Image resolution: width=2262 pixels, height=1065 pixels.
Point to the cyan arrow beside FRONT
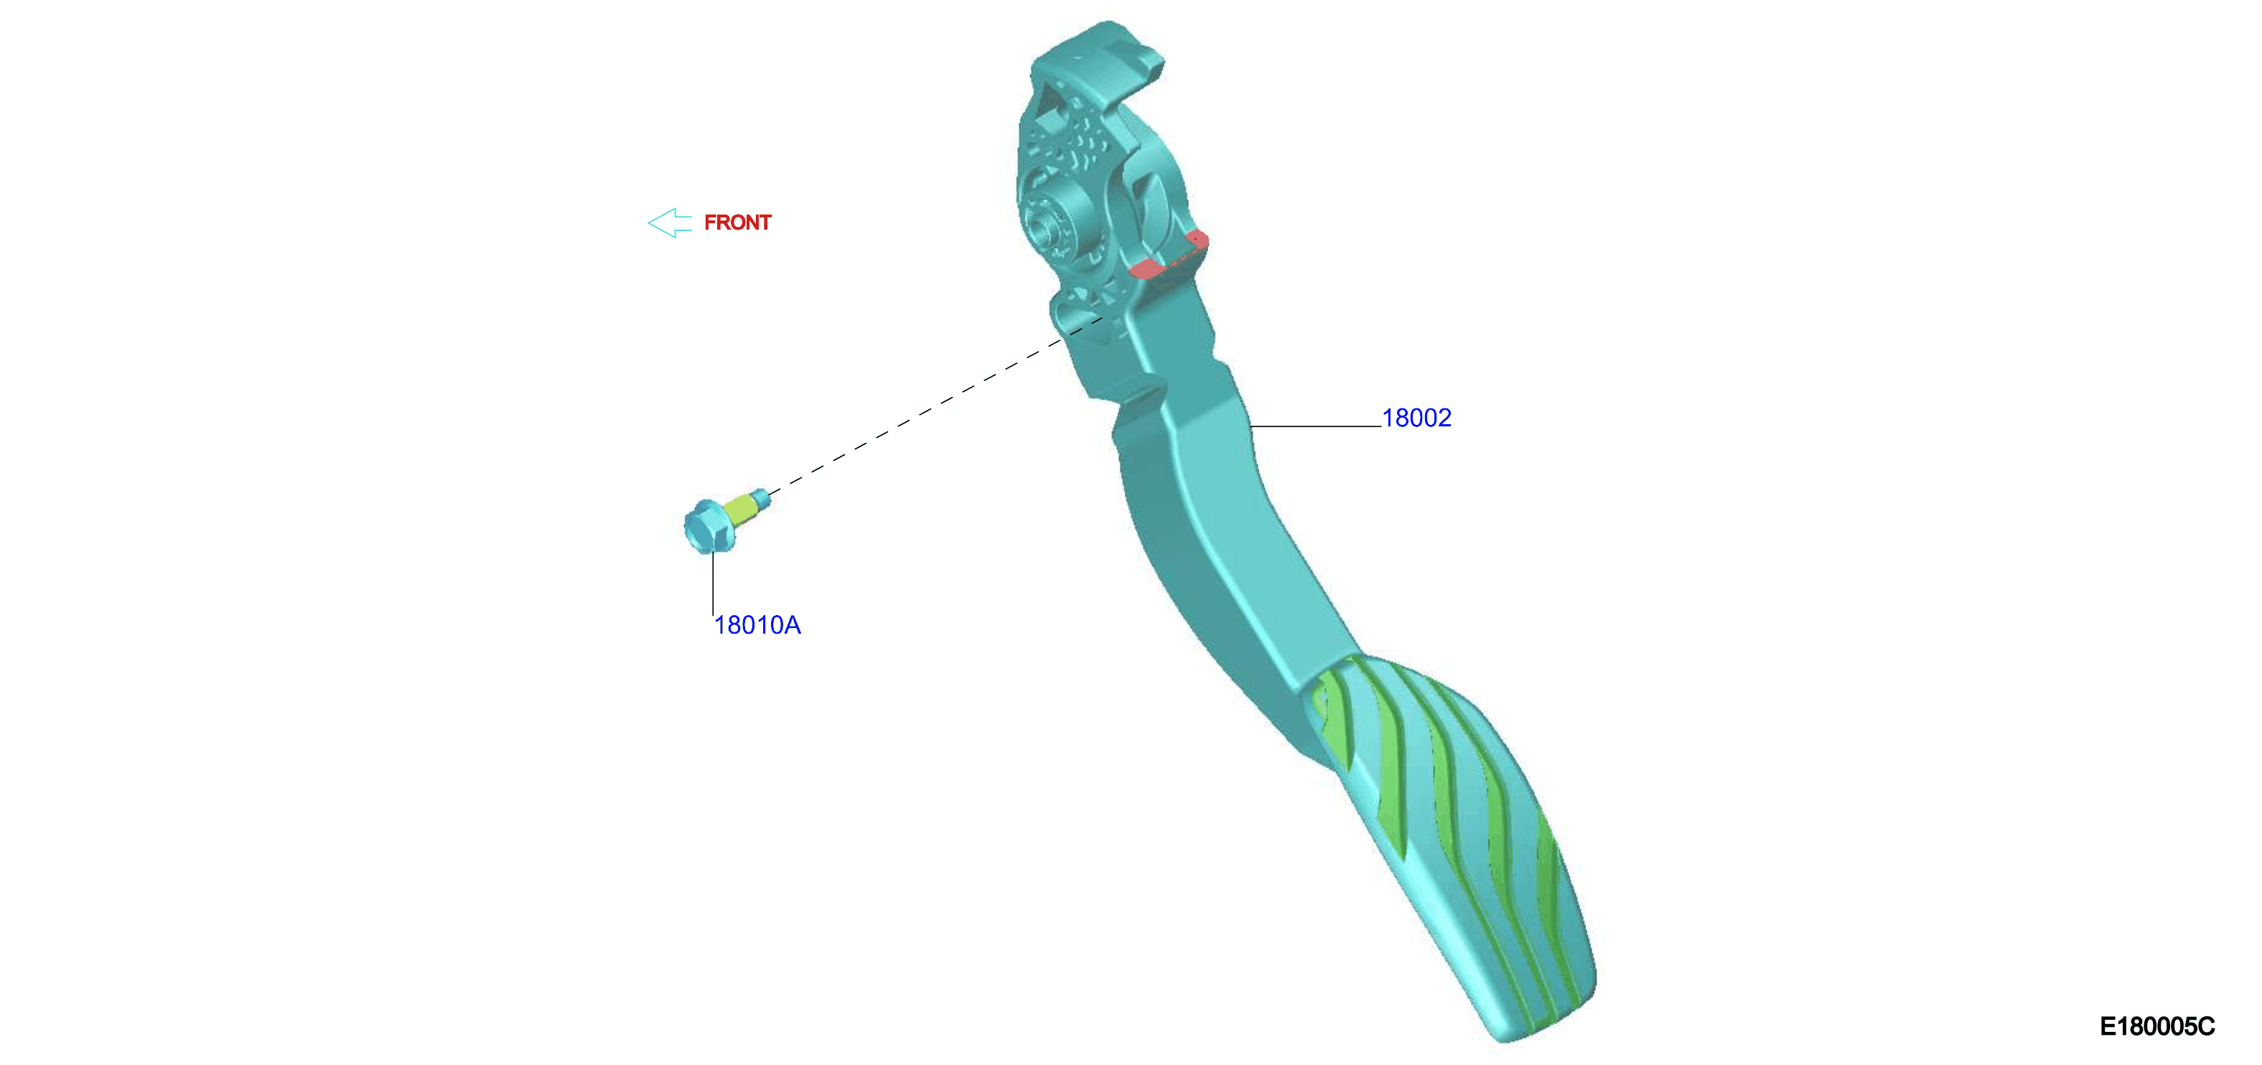[669, 223]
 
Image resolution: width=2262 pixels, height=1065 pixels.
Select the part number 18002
[1416, 418]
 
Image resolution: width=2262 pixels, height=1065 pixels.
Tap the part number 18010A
[757, 625]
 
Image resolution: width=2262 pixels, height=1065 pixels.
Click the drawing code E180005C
[2156, 1026]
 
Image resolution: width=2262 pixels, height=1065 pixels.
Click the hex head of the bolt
[708, 527]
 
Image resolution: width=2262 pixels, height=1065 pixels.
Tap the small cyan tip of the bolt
[762, 498]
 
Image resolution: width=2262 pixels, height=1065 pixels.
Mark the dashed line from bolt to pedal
[935, 406]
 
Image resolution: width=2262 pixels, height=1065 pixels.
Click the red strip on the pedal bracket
[1169, 255]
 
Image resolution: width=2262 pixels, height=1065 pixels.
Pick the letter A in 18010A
[792, 625]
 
